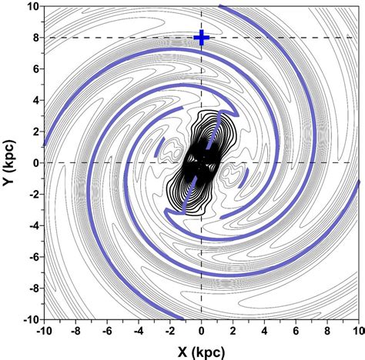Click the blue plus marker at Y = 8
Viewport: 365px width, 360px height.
pos(201,38)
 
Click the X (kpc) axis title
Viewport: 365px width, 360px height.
pos(201,350)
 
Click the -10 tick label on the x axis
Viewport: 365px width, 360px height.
pos(44,332)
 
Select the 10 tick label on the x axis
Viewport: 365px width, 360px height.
pos(357,332)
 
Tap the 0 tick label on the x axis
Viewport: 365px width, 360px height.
pos(201,332)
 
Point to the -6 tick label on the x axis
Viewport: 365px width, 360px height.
pos(106,332)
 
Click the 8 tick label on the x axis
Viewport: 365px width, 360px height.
pos(326,332)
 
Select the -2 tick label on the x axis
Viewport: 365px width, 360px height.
pos(169,332)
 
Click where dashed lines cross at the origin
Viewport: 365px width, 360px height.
pos(201,162)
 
